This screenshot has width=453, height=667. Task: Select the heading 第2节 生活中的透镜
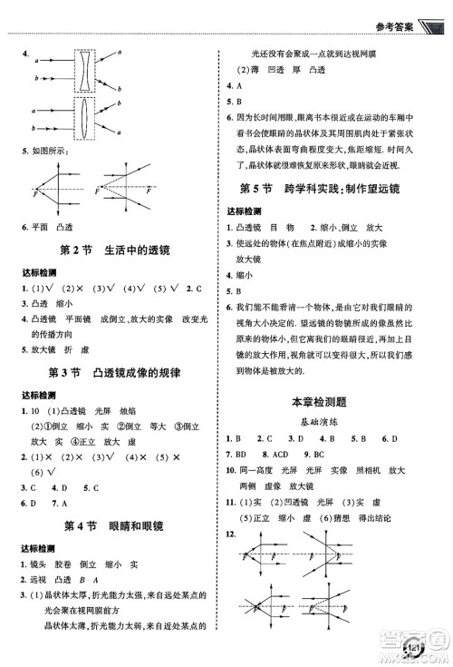pos(115,250)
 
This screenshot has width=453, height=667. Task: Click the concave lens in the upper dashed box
pos(82,71)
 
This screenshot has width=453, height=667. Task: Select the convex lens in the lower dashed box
pos(82,118)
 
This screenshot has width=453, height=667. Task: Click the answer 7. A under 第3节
pos(60,502)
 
